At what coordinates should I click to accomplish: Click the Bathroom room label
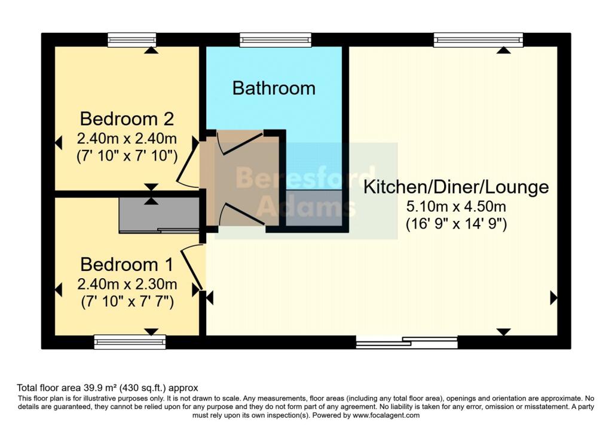274,88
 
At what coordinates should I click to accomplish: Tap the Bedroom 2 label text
127,118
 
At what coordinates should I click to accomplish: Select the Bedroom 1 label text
127,264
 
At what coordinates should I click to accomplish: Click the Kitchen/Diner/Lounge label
456,187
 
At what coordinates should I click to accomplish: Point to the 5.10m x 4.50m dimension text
456,207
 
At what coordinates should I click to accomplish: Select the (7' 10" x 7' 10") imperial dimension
127,157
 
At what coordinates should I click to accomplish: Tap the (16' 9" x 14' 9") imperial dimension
456,225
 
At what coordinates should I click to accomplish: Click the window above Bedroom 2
132,39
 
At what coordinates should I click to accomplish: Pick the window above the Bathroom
276,39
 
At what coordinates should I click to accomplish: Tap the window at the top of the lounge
478,39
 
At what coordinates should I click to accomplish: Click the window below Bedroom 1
130,342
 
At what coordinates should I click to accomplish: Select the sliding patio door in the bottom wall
406,343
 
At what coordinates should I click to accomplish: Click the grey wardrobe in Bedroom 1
159,215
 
